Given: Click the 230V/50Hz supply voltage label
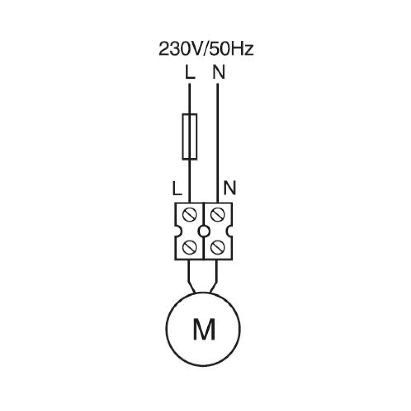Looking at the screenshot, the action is tap(206, 49).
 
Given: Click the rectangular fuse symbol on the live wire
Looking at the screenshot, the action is tap(189, 136).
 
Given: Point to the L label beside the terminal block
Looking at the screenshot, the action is tap(177, 188).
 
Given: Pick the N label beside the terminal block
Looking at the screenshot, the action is tap(230, 188).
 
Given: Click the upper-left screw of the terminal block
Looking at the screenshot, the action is tap(189, 215).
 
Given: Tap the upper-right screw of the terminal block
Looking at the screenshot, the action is tap(217, 215).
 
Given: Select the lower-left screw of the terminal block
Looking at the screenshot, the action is tap(189, 247).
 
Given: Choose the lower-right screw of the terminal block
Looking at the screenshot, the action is tap(217, 247).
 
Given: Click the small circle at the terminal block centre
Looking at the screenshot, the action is tap(204, 231).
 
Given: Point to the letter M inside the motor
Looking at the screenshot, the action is tap(204, 329).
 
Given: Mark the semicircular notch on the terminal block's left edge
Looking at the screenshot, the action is tap(177, 231).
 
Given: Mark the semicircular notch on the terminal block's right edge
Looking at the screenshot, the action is tap(230, 231).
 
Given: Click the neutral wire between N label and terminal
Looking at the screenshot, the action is tap(217, 143).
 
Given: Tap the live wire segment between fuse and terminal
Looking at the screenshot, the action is tap(189, 181).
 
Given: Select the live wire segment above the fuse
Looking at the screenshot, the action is tap(189, 99).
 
